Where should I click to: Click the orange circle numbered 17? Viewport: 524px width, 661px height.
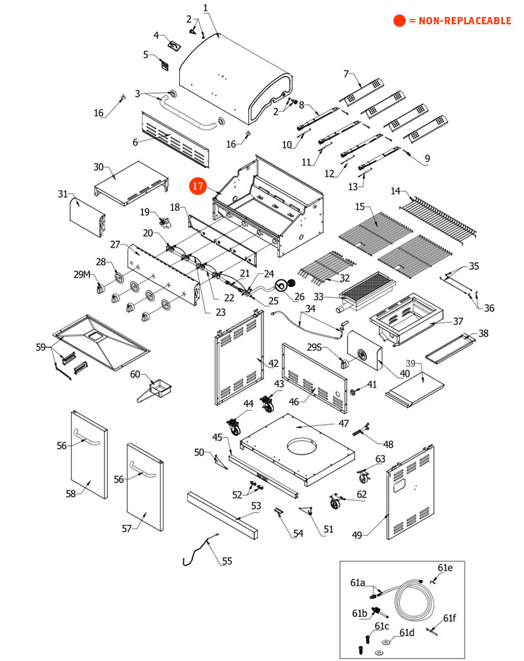click(x=198, y=186)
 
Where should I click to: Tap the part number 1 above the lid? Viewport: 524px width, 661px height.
click(x=205, y=8)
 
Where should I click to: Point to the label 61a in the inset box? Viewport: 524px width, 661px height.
click(x=357, y=582)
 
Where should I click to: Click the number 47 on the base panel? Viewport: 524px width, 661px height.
click(x=343, y=423)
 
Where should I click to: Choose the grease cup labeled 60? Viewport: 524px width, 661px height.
click(x=158, y=389)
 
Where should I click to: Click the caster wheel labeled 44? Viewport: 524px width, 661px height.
click(x=233, y=429)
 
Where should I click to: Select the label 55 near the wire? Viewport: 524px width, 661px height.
click(x=227, y=561)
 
